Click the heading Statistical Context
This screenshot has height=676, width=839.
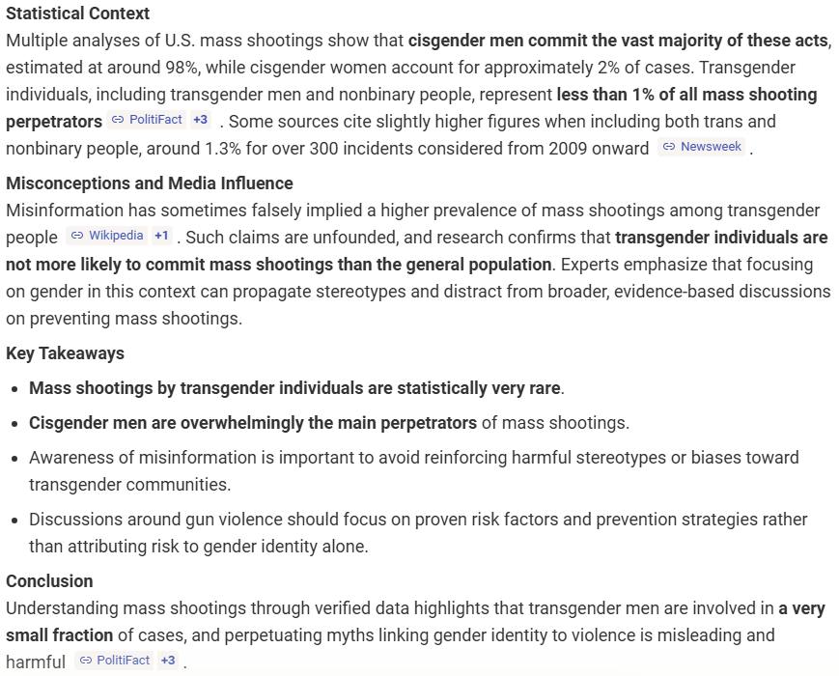[x=77, y=14]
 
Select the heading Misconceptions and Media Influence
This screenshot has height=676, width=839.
[x=149, y=183]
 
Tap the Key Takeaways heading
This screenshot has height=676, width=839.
[x=65, y=353]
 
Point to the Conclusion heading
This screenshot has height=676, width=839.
[x=49, y=581]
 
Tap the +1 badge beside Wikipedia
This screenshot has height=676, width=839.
[x=161, y=236]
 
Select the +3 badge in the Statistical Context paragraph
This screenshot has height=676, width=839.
[x=200, y=120]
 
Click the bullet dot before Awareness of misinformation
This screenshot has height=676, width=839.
[x=14, y=458]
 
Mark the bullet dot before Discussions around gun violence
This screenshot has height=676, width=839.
[x=14, y=520]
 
